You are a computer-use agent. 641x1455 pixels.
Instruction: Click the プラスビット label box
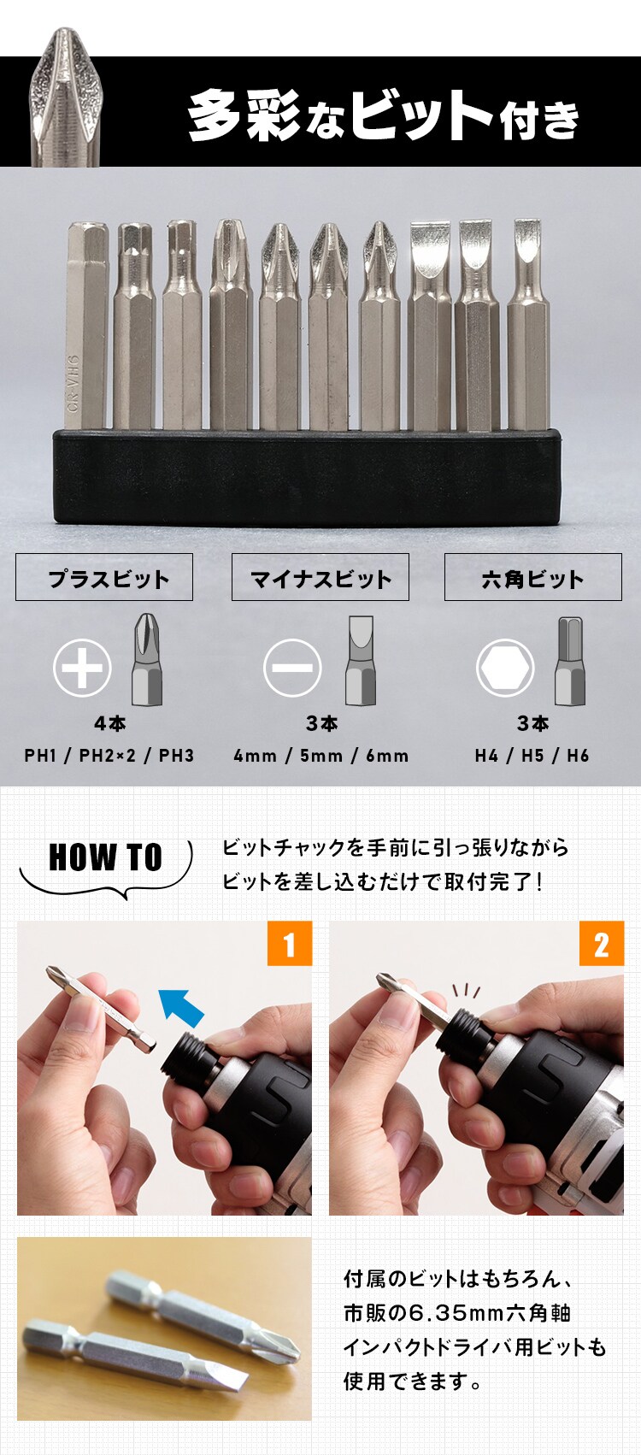coord(104,578)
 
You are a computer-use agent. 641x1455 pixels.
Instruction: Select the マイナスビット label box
coord(320,578)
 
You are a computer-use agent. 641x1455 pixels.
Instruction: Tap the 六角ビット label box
coord(532,578)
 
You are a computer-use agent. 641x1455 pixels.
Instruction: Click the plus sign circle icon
coord(82,668)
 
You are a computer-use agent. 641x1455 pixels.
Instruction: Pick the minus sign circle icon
coord(292,668)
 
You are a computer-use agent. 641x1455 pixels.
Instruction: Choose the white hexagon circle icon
coord(505,668)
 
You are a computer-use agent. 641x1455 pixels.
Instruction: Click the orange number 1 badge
coord(289,944)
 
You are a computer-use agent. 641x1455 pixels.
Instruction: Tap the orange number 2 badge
coord(602,944)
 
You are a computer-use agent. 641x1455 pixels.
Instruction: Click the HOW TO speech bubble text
coord(105,857)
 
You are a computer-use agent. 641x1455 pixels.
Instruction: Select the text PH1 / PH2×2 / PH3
coord(109,756)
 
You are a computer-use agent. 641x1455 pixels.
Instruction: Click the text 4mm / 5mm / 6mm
coord(321,756)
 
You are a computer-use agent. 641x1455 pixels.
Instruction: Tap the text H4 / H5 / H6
coord(532,756)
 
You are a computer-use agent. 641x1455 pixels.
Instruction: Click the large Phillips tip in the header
coord(66,98)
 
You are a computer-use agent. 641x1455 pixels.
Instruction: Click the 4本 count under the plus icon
coord(109,724)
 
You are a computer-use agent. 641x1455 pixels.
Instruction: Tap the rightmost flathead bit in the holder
coord(527,325)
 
